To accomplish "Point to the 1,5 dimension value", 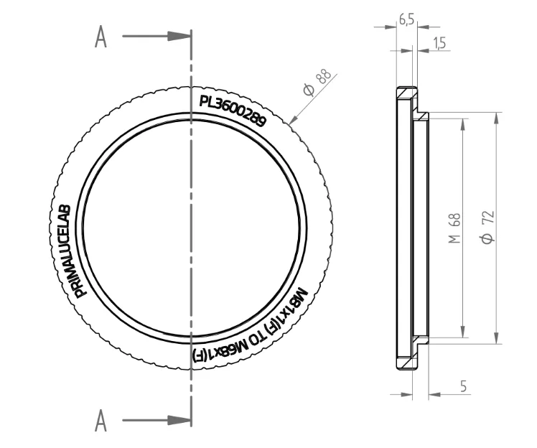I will (439, 44).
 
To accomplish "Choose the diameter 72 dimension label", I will (488, 228).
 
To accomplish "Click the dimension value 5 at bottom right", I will (464, 386).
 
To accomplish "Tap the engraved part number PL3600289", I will (232, 111).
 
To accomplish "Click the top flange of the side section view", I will (406, 94).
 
